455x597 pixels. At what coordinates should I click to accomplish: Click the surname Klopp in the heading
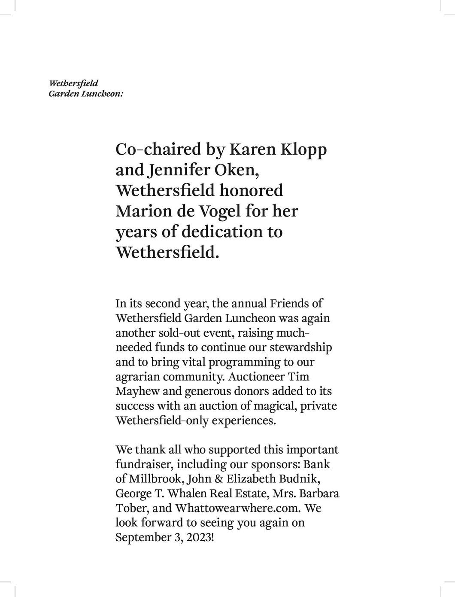point(303,149)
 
